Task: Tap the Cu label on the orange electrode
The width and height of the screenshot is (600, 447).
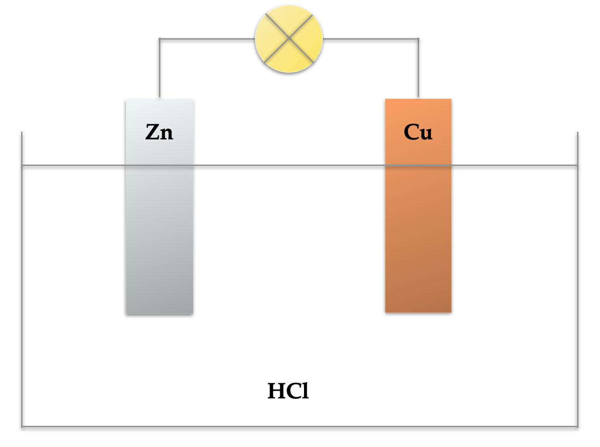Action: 418,132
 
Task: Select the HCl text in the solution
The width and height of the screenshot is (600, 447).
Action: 288,391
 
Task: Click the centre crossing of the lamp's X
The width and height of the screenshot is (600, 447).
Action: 289,38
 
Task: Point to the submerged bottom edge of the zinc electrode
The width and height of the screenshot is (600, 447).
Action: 159,313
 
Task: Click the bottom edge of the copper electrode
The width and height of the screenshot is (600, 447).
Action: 418,312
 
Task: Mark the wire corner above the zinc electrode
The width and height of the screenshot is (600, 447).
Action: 159,39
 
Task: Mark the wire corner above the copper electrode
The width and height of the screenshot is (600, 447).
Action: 418,39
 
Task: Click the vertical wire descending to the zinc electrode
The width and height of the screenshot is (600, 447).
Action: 159,68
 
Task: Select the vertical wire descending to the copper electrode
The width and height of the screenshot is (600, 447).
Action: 418,68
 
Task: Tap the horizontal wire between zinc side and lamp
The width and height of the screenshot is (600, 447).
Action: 207,39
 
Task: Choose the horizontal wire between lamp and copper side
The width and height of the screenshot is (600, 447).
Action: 371,39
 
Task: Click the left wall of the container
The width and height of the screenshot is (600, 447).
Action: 22,279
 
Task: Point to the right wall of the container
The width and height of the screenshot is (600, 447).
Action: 578,279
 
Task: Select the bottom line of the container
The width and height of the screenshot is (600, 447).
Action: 300,427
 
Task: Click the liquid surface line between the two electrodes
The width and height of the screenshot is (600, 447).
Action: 289,165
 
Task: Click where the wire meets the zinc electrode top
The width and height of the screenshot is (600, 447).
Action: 159,98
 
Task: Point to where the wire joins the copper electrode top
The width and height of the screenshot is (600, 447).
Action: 418,98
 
